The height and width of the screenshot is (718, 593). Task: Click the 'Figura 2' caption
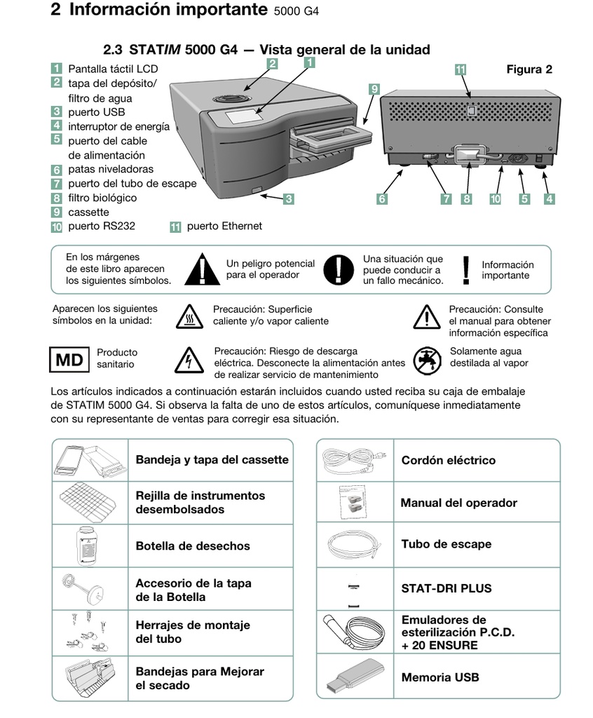tap(529, 69)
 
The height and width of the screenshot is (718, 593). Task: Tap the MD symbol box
tap(69, 360)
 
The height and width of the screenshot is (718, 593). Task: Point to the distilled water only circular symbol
tap(426, 360)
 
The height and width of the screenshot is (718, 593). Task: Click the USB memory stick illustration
tap(355, 678)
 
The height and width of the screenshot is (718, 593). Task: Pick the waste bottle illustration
tap(90, 545)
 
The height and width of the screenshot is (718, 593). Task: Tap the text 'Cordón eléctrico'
tap(448, 461)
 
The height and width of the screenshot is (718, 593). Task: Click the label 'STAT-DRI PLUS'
tap(446, 588)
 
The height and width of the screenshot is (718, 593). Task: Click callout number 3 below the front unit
tap(288, 199)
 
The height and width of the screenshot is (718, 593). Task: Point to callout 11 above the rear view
tap(461, 69)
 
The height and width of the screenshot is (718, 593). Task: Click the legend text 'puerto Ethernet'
tap(224, 226)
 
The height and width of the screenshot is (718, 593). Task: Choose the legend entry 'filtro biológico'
tap(102, 198)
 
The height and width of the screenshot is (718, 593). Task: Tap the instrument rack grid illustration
tap(90, 503)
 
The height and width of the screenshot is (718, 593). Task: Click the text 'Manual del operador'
tap(458, 503)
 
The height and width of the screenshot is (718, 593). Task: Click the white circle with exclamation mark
tap(339, 269)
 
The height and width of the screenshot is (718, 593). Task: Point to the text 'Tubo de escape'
tap(446, 544)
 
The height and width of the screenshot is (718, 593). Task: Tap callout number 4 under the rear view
tap(550, 199)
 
